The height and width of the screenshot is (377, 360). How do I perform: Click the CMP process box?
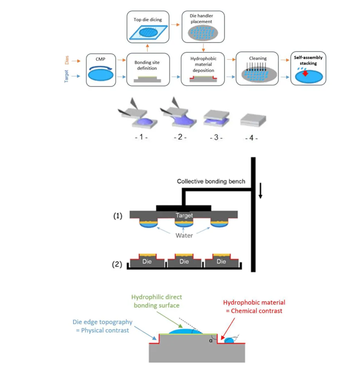coord(99,69)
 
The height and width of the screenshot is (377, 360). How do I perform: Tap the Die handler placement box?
coord(203,26)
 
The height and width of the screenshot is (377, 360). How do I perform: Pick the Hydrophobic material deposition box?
coord(203,69)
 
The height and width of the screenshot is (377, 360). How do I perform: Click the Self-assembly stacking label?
coord(308,60)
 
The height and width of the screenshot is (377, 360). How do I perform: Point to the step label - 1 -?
coord(140,137)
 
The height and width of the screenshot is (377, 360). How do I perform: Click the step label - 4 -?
coord(250,137)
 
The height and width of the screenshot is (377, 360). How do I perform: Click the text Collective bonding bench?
coord(211,182)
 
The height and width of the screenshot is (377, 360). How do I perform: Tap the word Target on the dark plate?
coord(184,215)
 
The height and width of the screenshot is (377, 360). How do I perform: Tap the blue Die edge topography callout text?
coord(101,326)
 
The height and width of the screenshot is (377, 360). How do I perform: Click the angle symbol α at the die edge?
coord(211,339)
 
